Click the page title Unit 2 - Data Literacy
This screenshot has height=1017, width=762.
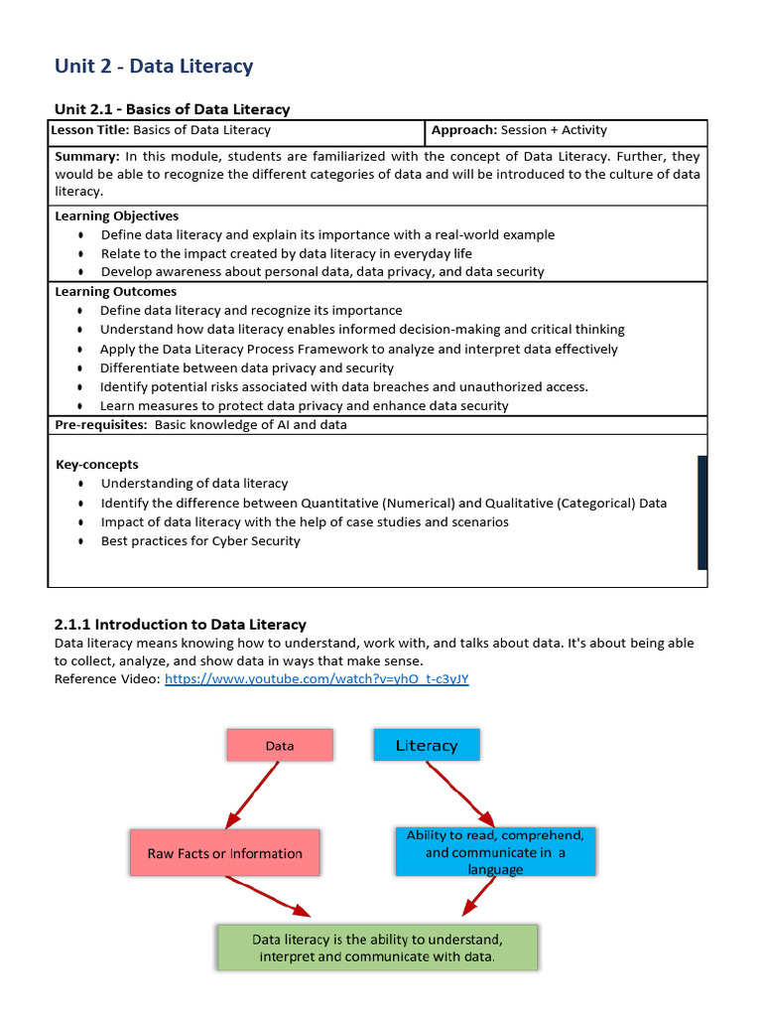point(154,67)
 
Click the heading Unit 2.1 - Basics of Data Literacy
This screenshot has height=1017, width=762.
point(172,109)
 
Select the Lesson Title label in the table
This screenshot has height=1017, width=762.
point(90,130)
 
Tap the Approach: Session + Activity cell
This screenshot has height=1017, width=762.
point(519,130)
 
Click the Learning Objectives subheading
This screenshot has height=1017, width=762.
point(117,216)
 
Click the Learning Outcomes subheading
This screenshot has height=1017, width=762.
point(116,292)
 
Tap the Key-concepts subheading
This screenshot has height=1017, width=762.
point(97,464)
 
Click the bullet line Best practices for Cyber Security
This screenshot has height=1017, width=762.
point(200,541)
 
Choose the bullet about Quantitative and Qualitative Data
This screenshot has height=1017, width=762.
point(383,503)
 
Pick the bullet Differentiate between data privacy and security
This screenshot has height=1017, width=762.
point(247,367)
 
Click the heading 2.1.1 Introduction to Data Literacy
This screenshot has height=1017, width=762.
point(180,625)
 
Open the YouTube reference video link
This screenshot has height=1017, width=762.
point(317,678)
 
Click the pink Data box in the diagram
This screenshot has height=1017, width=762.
point(280,746)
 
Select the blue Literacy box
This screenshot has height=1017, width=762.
point(427,745)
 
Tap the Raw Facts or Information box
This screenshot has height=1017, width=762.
point(225,853)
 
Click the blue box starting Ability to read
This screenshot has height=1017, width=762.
point(495,852)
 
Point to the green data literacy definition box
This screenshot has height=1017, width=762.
point(377,947)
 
